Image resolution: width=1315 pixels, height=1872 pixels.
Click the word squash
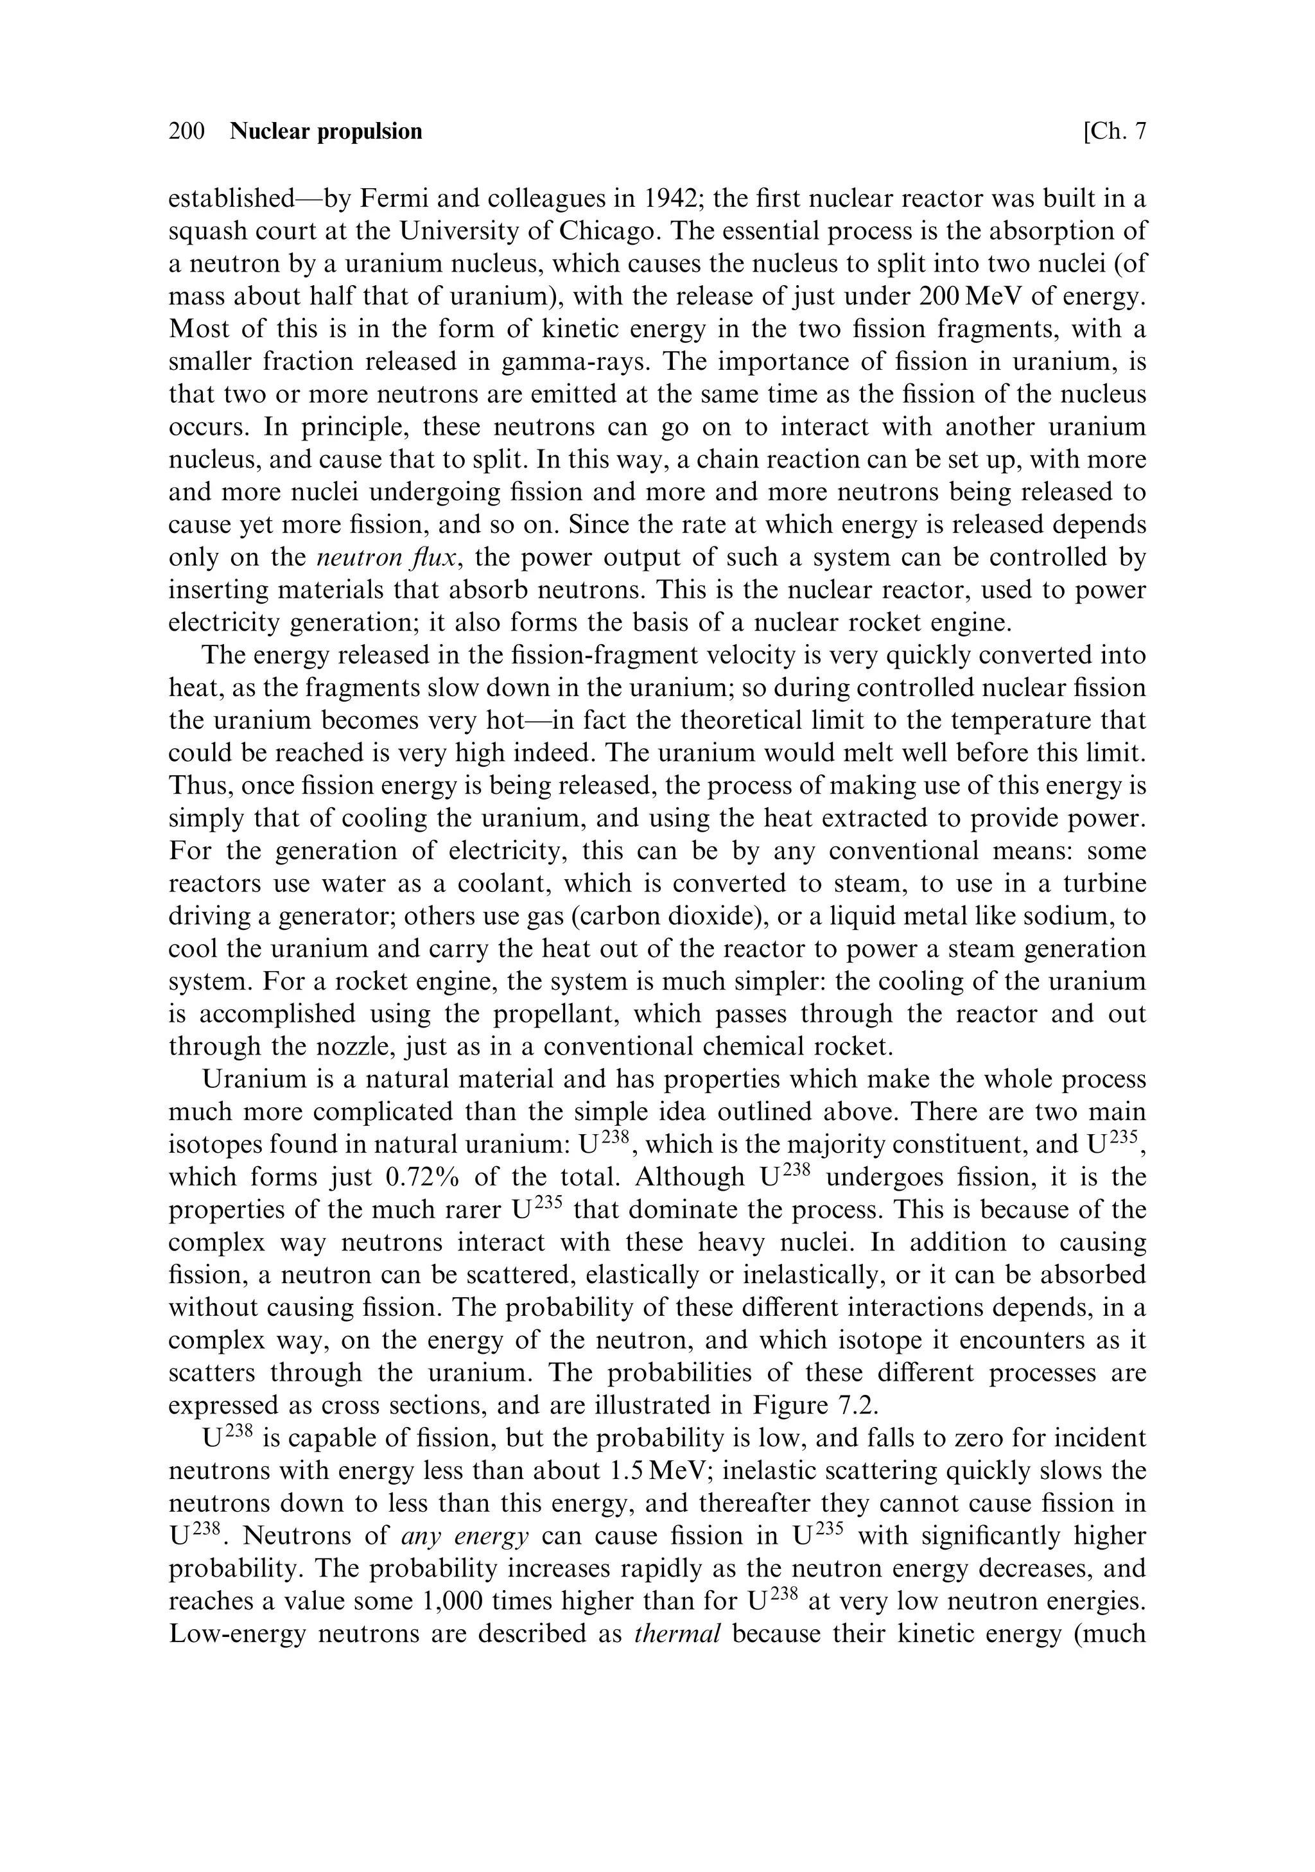[x=211, y=231]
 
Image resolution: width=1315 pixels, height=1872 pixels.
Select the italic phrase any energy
[x=466, y=1536]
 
